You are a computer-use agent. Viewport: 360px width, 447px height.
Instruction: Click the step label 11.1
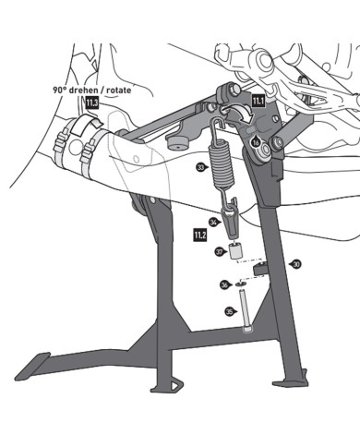click(x=258, y=101)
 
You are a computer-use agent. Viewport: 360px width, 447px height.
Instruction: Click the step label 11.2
click(x=200, y=235)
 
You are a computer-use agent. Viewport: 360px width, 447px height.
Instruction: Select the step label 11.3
click(x=92, y=103)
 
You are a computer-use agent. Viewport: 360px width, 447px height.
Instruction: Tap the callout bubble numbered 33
click(x=201, y=167)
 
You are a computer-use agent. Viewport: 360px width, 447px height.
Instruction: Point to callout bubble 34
click(x=214, y=222)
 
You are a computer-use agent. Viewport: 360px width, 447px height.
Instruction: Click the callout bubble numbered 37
click(x=220, y=252)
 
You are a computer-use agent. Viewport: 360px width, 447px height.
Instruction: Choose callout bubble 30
click(x=296, y=264)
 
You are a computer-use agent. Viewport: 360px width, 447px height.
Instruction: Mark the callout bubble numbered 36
click(x=225, y=285)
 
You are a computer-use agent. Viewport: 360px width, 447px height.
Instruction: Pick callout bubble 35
click(x=230, y=312)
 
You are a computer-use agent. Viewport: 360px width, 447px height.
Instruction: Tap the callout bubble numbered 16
click(x=256, y=142)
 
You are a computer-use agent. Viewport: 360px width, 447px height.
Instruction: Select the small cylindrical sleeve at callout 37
click(x=236, y=251)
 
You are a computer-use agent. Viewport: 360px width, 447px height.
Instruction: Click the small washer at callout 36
click(x=241, y=284)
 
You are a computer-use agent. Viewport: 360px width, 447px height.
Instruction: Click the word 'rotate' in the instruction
click(x=116, y=90)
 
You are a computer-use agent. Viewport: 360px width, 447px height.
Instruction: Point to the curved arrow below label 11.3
click(x=86, y=125)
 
